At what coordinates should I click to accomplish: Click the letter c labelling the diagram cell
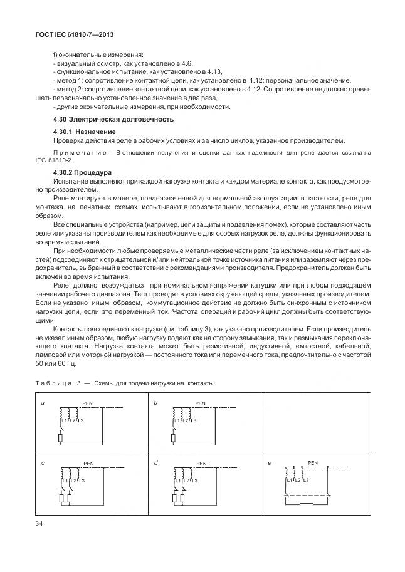coord(42,464)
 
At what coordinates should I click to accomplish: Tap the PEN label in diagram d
coord(201,464)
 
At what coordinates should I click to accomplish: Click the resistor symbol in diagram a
coord(60,438)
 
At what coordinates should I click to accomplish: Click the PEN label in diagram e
coord(313,463)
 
